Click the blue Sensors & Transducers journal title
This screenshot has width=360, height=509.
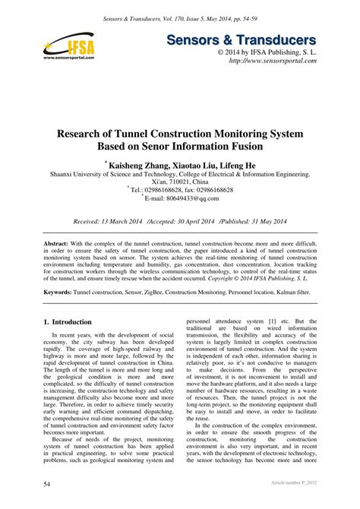263,40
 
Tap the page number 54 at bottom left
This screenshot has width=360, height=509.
47,482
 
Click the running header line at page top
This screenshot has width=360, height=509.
180,14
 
